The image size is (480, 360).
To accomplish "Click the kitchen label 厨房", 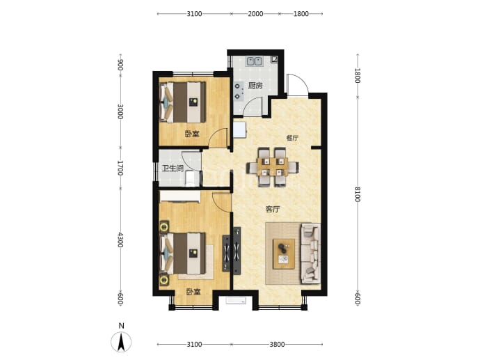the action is (255, 86).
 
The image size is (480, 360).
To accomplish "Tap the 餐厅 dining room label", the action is (292, 138).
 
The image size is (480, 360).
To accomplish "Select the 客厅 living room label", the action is (273, 210).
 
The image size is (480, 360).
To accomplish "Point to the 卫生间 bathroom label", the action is (173, 169).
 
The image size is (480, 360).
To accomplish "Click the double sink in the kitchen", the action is (255, 61).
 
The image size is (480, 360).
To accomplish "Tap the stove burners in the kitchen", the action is (237, 92).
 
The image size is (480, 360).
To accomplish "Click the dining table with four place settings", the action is (273, 167).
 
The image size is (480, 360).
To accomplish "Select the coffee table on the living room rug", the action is (284, 254).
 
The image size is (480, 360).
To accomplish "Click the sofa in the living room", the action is (311, 253).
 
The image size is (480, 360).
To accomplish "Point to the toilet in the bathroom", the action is (190, 178).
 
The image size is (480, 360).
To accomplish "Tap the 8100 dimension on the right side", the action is (358, 194).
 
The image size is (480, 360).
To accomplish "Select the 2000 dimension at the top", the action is (255, 14).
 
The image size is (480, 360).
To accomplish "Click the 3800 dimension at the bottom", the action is (277, 345).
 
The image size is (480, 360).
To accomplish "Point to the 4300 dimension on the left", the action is (120, 240).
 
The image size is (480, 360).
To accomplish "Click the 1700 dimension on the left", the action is (120, 168).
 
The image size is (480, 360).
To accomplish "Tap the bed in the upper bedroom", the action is (183, 102).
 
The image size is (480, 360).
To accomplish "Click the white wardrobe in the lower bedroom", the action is (180, 196).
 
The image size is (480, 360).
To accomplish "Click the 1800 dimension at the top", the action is (301, 14).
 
